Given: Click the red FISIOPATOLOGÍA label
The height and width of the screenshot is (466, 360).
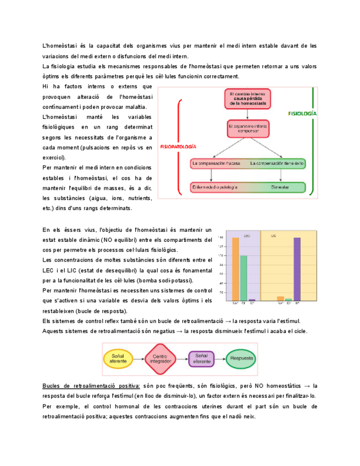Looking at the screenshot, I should point(178,147).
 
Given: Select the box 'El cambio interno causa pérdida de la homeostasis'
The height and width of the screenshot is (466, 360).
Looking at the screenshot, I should point(248,99).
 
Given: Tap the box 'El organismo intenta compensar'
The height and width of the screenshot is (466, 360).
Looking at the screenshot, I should point(248,129).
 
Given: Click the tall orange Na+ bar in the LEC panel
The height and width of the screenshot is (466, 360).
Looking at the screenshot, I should point(235,269).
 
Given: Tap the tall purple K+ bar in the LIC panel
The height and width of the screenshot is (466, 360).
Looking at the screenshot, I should point(297,269).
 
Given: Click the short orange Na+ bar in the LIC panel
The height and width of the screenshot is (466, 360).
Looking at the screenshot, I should point(281,299).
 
